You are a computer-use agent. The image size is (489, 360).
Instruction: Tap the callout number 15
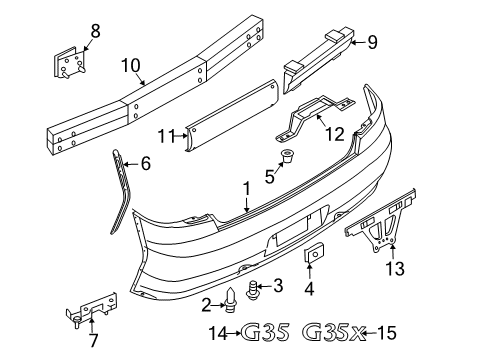pyautogui.click(x=388, y=332)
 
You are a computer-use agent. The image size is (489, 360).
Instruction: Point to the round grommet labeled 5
pyautogui.click(x=289, y=157)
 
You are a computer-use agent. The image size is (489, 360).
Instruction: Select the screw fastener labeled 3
pyautogui.click(x=254, y=290)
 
